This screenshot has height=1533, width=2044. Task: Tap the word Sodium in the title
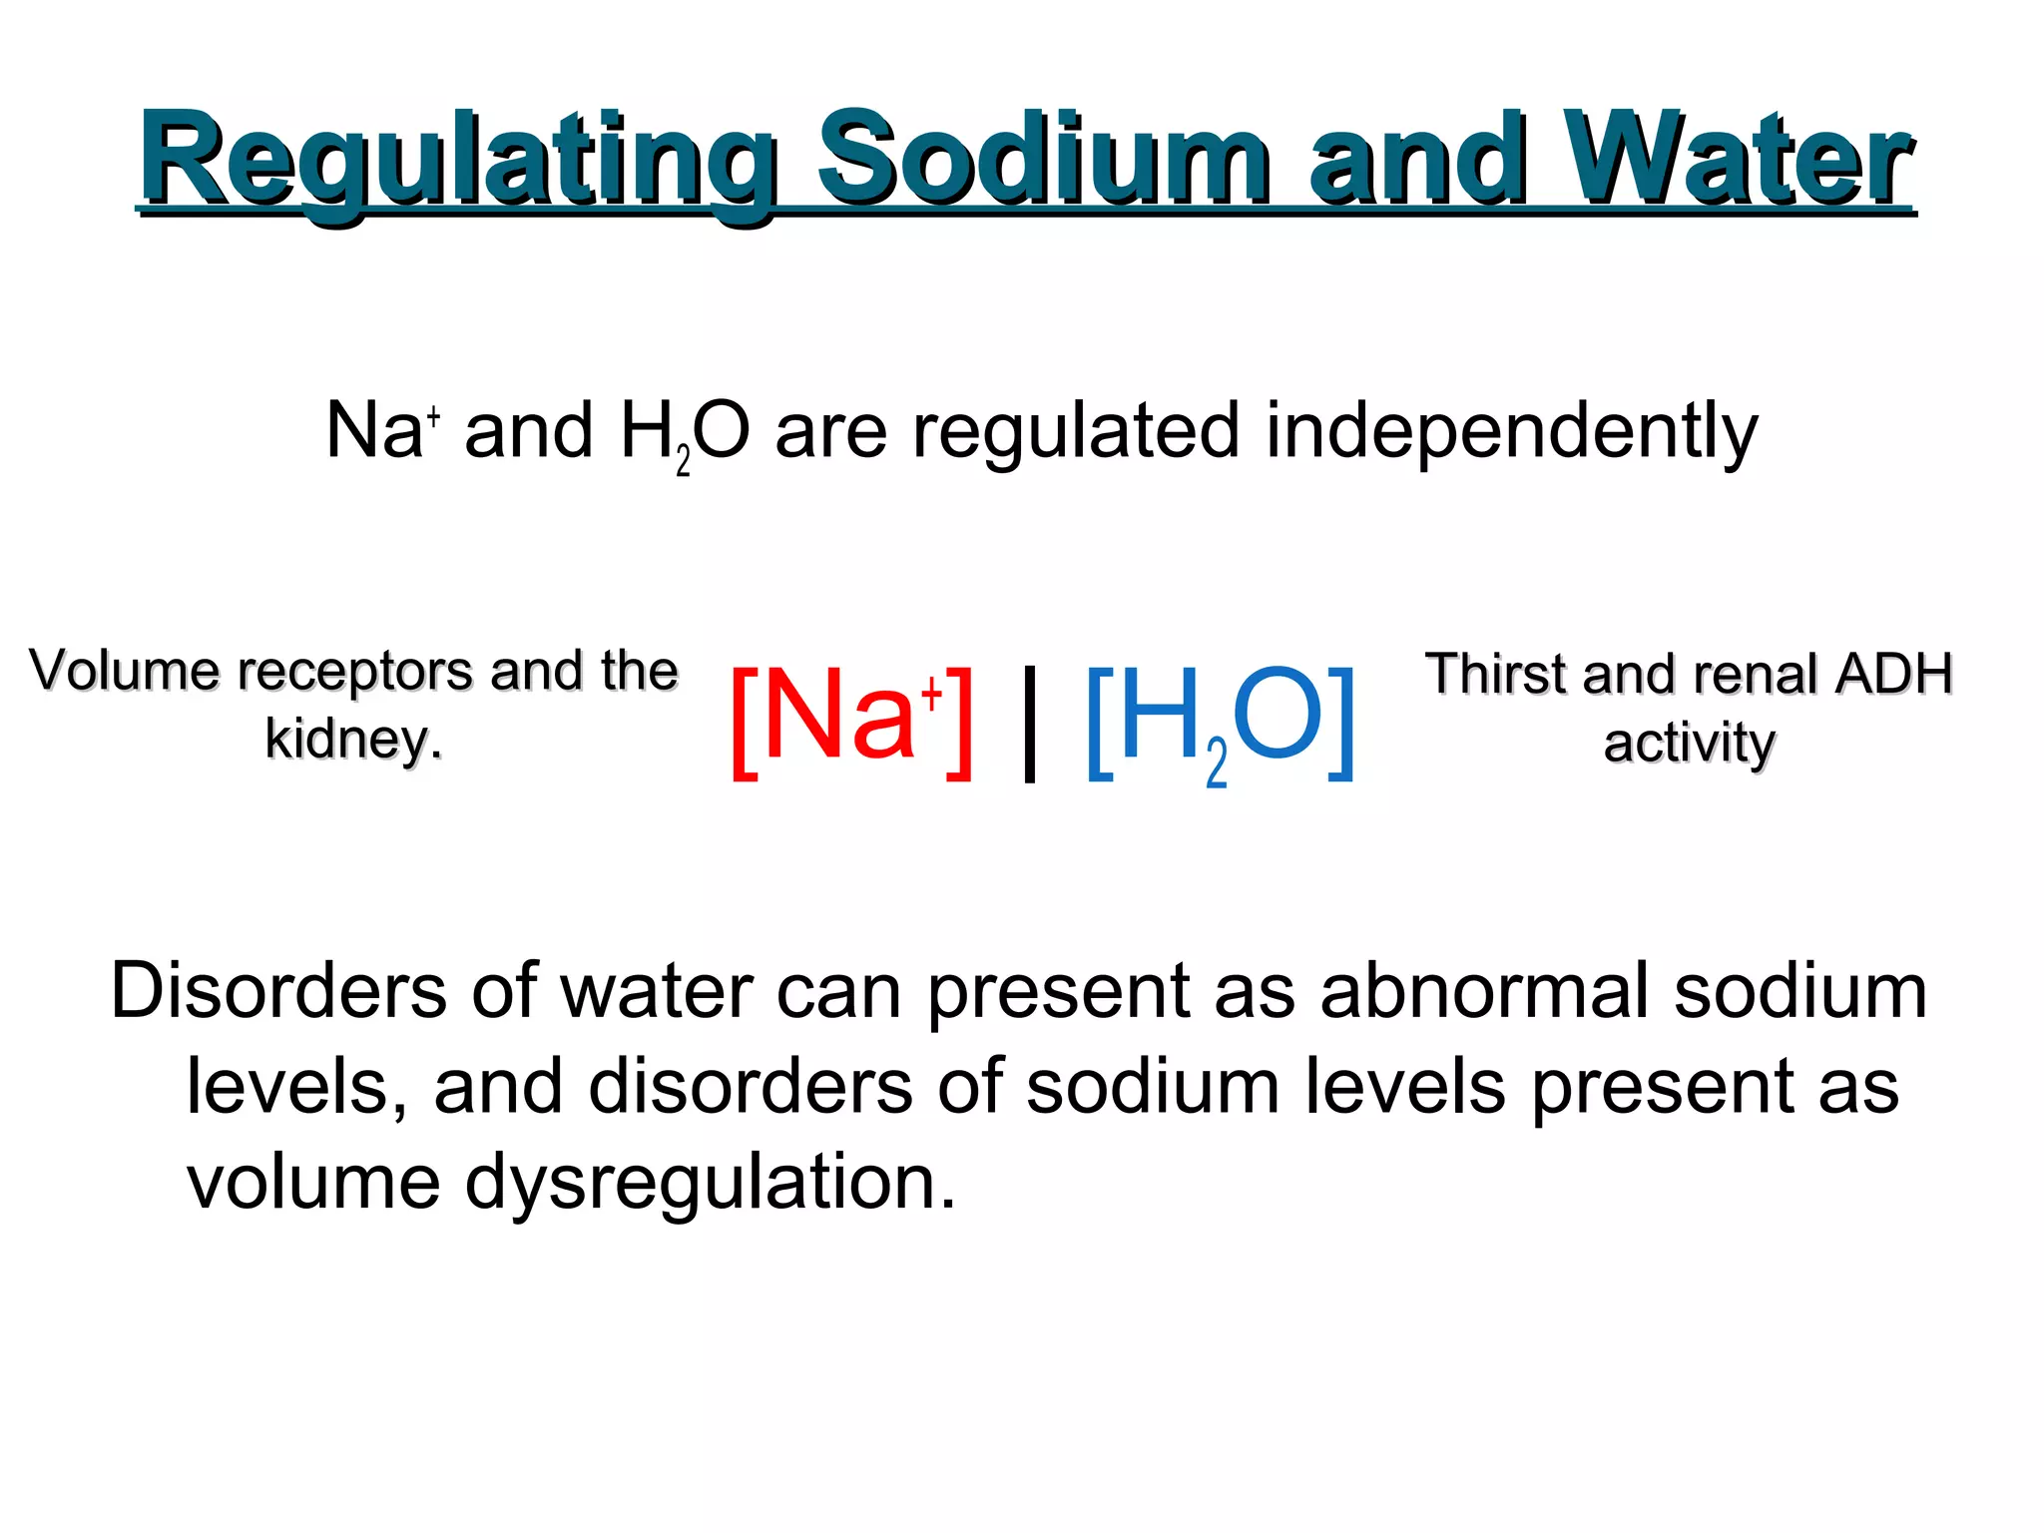tap(1043, 160)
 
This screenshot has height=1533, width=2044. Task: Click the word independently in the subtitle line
tap(1511, 431)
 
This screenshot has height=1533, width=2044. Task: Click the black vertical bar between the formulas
tap(1030, 723)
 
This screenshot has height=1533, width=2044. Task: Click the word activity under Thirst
tap(1689, 744)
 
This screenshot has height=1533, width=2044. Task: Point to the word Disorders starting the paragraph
tap(278, 991)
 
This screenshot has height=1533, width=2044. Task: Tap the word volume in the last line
tap(313, 1182)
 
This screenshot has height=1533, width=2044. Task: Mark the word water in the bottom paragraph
tap(657, 991)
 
